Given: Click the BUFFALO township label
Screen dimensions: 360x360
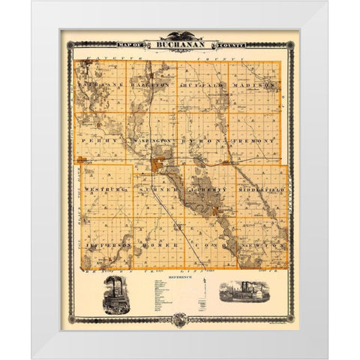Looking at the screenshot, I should click(x=203, y=87).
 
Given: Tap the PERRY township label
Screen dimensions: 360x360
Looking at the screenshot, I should click(x=100, y=140).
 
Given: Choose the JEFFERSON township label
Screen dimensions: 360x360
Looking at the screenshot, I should click(x=109, y=244).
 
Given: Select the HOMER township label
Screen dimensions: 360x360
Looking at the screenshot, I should click(x=160, y=244).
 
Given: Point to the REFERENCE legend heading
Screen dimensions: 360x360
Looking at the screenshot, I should click(x=180, y=276).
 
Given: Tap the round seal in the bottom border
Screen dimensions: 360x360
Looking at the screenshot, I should click(x=180, y=319).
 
